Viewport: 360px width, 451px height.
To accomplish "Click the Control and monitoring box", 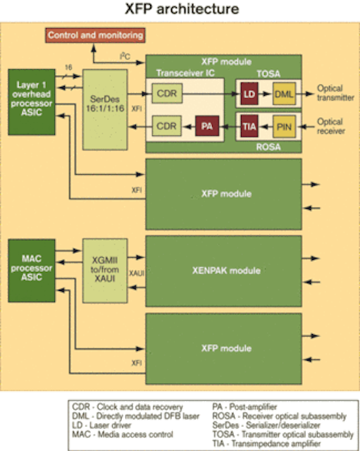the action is point(95,35).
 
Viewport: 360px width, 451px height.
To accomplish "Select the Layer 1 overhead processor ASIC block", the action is point(32,101).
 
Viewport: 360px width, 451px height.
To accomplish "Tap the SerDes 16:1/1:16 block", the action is point(105,110).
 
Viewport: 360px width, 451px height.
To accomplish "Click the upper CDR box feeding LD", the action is point(167,93).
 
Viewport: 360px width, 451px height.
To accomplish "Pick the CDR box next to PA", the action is point(166,125).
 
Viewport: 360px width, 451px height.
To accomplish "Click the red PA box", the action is point(207,125).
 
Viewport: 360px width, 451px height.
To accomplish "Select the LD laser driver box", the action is point(249,94).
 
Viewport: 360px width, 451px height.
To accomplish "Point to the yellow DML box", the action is point(284,94).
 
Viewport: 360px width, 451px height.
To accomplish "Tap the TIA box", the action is point(249,126).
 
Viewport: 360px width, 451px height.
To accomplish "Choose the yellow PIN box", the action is point(284,126).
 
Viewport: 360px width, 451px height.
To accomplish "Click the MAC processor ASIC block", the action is point(32,271).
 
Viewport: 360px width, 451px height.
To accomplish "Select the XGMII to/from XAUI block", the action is point(105,271).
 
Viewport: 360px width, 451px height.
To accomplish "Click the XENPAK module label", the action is point(226,271).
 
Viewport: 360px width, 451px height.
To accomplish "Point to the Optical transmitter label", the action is point(335,93).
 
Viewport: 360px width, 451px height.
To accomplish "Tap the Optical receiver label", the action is point(331,126).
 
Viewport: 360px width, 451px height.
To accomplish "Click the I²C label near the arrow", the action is point(125,56).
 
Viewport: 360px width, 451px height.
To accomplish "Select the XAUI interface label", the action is point(137,273).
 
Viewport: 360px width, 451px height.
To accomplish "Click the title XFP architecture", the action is point(182,9).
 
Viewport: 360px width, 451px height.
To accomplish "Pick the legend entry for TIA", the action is point(266,443).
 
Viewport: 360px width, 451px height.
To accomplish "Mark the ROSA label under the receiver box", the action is point(268,147).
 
